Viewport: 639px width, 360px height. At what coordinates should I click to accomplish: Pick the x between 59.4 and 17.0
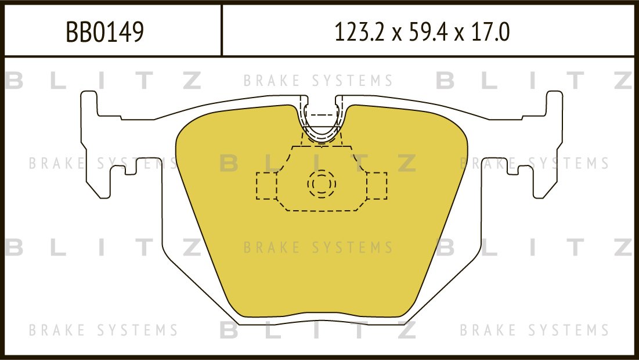click(460, 34)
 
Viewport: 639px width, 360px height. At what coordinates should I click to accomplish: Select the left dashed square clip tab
click(266, 186)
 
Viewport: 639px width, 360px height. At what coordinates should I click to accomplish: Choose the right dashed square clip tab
click(376, 186)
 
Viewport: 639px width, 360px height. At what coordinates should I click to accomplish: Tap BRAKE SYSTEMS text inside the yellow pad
click(318, 248)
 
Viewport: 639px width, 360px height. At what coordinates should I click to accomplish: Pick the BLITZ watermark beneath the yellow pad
click(318, 331)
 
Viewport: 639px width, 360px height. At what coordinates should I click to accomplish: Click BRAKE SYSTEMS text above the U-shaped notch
click(318, 81)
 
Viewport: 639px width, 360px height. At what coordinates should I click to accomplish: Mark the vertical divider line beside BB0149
click(222, 30)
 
